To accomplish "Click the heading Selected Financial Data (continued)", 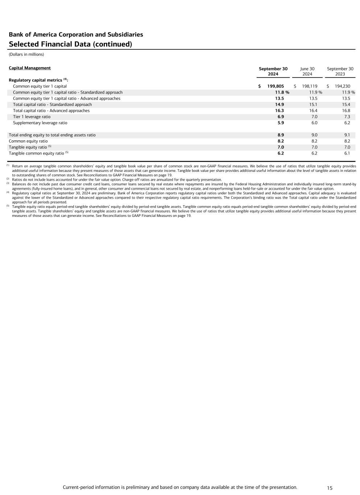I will click(70, 44).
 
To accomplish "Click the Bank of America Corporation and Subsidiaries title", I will click(76, 34).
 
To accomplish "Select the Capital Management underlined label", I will click(30, 68).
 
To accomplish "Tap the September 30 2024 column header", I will click(273, 71).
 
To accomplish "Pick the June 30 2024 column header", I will click(307, 71).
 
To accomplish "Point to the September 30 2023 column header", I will click(340, 71).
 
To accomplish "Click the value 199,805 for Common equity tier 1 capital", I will click(276, 86).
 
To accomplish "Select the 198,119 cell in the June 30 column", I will click(310, 86).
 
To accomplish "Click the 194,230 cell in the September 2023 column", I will click(343, 86).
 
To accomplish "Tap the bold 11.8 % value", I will click(282, 92).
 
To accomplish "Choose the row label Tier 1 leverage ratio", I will click(32, 117).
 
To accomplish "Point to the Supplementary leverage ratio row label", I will click(40, 123).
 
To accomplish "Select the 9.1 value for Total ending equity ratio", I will click(347, 135).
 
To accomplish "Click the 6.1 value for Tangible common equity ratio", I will click(347, 153).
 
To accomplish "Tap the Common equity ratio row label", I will click(28, 141).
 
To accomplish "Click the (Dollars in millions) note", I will click(26, 54).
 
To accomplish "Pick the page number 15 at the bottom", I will click(330, 488).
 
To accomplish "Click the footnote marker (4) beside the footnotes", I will click(8, 192).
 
